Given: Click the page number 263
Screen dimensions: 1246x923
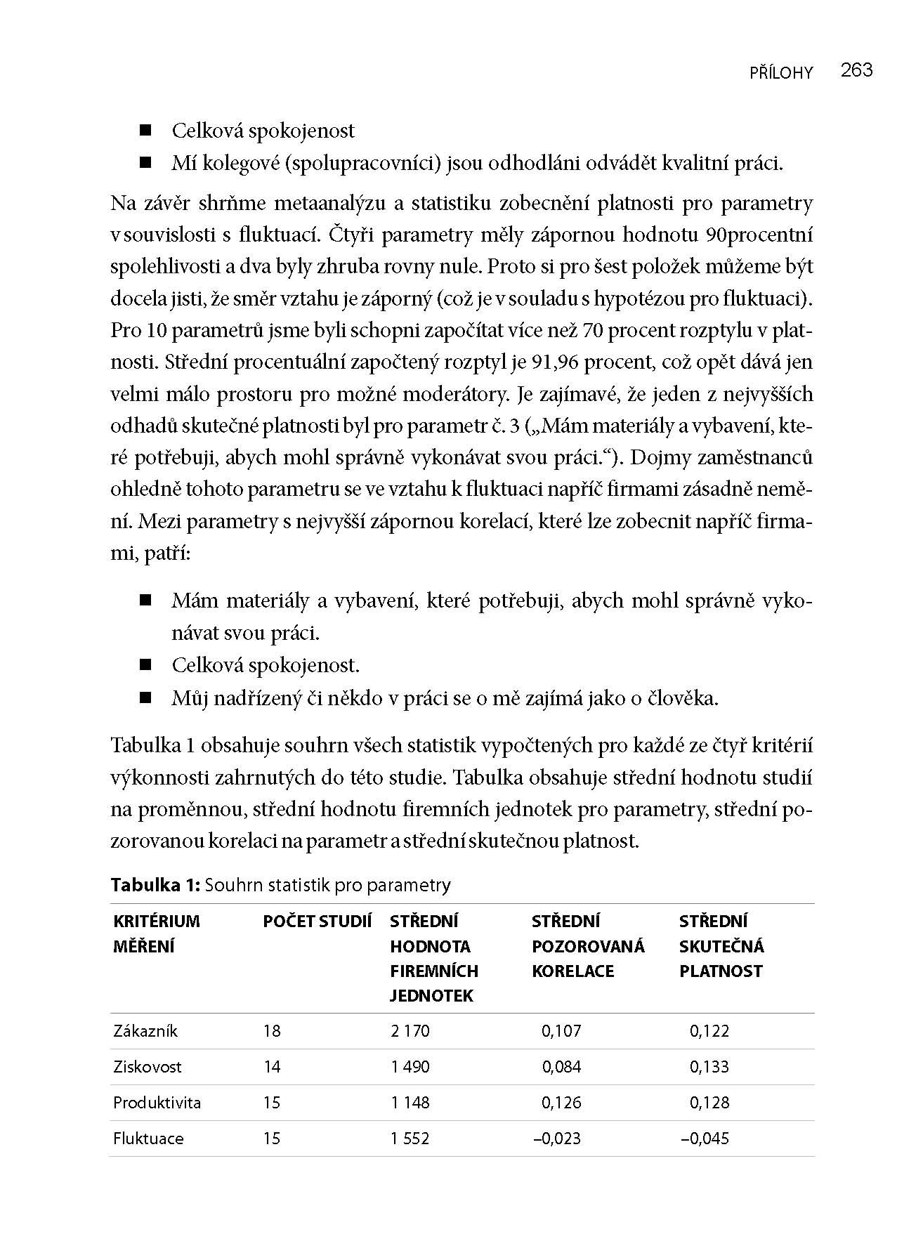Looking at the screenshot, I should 856,70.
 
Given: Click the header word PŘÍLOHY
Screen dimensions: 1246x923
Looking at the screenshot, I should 781,72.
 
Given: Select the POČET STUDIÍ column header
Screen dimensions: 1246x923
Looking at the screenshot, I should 317,922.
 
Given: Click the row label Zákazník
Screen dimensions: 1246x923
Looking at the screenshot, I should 145,1031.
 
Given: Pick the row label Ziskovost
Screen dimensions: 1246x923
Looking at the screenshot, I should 148,1067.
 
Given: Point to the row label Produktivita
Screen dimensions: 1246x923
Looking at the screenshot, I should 157,1103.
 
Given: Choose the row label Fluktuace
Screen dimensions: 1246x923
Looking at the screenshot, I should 148,1139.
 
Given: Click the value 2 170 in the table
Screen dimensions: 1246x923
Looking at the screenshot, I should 410,1031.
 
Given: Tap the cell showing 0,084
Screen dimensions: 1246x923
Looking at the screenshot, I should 561,1067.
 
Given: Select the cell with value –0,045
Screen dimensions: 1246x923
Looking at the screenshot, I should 705,1139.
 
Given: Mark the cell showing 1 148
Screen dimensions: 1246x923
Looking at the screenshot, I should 410,1103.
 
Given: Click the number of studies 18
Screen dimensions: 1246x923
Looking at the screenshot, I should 272,1031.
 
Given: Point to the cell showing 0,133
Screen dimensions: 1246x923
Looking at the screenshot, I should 709,1067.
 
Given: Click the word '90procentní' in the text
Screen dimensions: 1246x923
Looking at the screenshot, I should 759,235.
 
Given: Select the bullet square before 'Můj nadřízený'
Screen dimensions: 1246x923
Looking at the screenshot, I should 146,697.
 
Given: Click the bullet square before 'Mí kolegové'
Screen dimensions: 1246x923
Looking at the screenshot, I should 146,163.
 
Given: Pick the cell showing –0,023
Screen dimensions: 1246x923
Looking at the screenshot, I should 557,1139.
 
